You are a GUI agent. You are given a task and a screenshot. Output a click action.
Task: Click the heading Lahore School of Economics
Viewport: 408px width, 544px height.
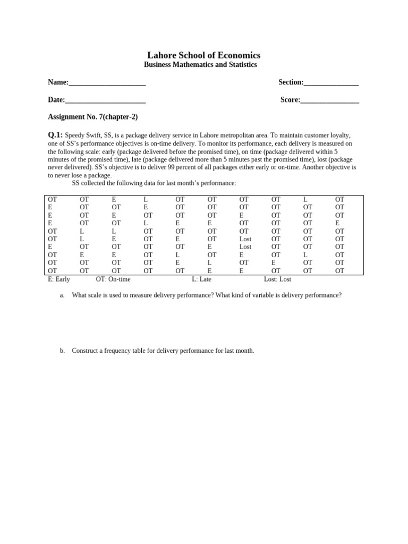[203, 55]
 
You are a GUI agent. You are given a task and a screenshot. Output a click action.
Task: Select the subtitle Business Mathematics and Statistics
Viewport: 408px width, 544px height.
[200, 65]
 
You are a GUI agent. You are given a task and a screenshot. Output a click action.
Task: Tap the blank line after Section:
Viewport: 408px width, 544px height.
[331, 83]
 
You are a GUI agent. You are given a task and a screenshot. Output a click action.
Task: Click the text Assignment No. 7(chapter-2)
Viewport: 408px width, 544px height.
[93, 117]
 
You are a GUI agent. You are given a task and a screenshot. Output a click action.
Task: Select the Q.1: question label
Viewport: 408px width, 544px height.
[55, 135]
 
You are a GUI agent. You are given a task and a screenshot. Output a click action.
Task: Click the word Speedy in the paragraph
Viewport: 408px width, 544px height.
[75, 135]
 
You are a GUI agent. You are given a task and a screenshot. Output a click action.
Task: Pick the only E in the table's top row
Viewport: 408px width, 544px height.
[114, 199]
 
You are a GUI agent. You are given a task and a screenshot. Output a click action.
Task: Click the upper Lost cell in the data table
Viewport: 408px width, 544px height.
[245, 239]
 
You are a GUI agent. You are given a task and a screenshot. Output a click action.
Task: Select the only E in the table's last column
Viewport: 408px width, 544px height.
[337, 223]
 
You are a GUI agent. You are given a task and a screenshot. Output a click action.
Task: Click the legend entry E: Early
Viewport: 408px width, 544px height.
[59, 279]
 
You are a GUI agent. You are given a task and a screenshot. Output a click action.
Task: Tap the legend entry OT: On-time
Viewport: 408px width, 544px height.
[113, 279]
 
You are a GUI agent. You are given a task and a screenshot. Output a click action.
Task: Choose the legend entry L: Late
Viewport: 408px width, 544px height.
[201, 279]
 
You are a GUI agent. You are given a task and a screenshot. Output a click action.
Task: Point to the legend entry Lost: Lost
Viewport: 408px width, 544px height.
[277, 279]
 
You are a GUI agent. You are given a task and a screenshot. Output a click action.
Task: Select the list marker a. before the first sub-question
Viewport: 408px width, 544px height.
[62, 295]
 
